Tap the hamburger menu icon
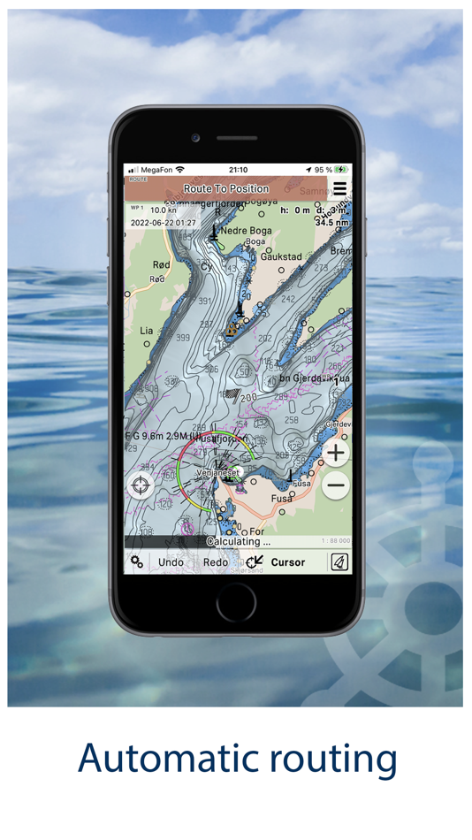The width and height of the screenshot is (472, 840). [340, 189]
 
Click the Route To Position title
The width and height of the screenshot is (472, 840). [225, 188]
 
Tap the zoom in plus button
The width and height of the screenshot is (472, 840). [336, 453]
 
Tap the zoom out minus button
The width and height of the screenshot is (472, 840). [336, 485]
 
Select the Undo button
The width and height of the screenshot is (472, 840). [171, 562]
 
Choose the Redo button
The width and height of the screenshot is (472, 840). [216, 562]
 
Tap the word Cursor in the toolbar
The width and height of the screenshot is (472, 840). [287, 562]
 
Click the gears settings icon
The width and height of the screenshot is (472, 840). [137, 562]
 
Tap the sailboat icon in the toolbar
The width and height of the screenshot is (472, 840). [339, 562]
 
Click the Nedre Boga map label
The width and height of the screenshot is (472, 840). [247, 231]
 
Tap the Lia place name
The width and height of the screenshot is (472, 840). [146, 331]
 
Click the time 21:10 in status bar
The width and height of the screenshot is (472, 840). [238, 170]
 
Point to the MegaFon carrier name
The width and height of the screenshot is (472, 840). [156, 170]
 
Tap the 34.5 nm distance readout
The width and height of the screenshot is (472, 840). [331, 223]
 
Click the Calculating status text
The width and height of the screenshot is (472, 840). [238, 541]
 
